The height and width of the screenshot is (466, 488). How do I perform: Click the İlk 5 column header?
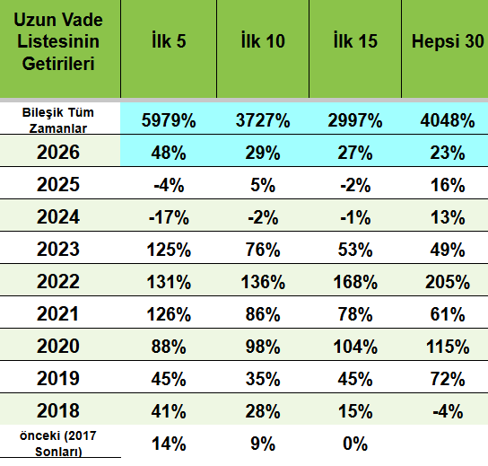169,40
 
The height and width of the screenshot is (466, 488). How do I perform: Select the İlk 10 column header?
263,40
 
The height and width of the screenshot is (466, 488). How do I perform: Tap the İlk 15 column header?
355,40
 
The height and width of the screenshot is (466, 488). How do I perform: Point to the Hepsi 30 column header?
448,41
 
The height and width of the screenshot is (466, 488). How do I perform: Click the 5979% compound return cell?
169,120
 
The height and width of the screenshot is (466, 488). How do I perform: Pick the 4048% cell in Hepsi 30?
448,120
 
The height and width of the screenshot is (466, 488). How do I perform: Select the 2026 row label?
58,153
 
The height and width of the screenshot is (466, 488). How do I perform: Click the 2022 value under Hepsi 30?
448,282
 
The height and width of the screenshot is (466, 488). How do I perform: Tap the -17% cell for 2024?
169,217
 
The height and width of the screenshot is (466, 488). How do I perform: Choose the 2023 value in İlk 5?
169,250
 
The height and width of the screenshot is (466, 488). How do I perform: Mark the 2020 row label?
58,346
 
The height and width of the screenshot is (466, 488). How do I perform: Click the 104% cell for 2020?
355,347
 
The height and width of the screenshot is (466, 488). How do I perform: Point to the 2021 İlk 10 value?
263,314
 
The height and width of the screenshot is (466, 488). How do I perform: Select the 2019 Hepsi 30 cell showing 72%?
448,379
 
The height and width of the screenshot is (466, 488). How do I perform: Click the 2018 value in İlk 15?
355,411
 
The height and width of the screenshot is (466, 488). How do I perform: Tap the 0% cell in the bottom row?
355,444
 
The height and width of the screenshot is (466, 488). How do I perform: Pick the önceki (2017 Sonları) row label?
58,444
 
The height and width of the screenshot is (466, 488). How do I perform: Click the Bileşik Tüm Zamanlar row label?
58,120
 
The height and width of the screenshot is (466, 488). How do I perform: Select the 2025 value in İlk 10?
263,185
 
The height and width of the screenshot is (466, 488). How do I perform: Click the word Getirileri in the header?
58,64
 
